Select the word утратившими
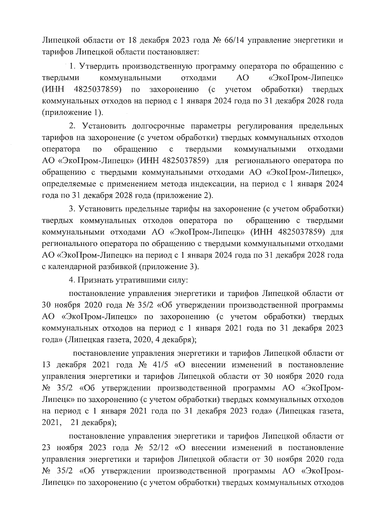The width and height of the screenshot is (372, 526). tap(139, 280)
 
